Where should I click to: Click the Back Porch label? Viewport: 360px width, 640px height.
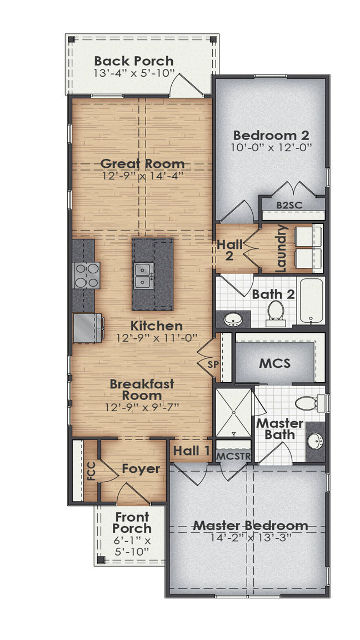tap(134, 61)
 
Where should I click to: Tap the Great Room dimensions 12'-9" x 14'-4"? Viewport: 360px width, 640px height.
tap(142, 176)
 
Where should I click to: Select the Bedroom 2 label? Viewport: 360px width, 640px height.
tap(271, 135)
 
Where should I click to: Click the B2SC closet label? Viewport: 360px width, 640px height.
tap(289, 205)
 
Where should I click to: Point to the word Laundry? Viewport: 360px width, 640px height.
tap(282, 248)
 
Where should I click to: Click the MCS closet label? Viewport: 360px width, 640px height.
tap(275, 364)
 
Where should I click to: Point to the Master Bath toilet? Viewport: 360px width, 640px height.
tap(307, 402)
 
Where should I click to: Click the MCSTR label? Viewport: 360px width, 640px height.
tap(234, 456)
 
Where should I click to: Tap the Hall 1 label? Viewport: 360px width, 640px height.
tap(191, 451)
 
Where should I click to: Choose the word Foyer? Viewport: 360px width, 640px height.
tap(141, 469)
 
